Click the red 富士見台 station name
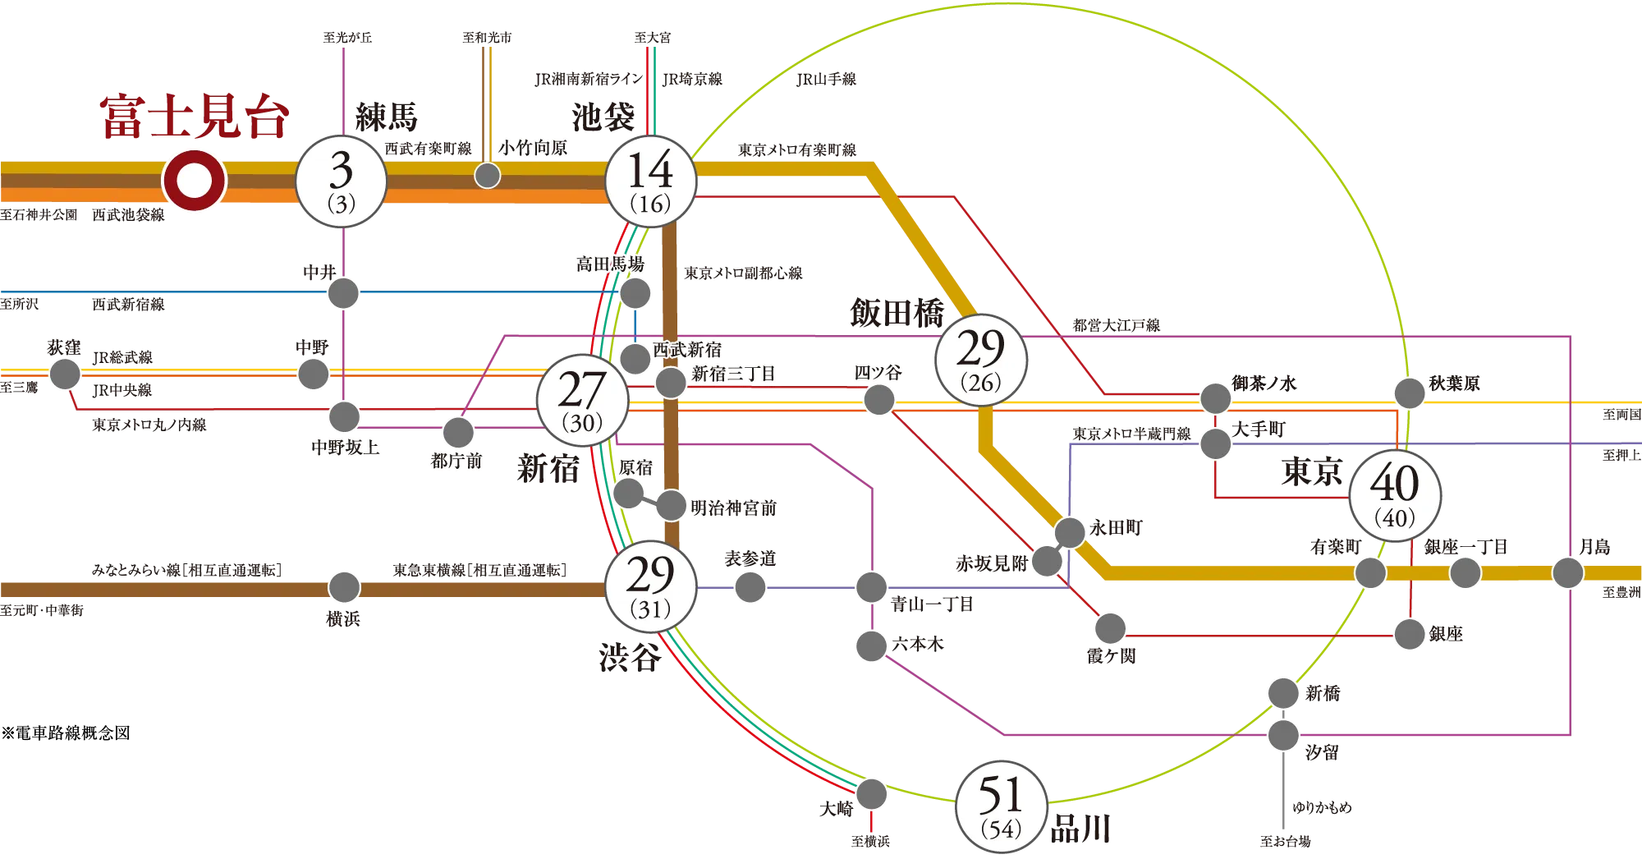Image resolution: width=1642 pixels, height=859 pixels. (x=195, y=118)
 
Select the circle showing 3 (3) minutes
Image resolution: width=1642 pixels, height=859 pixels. (x=341, y=181)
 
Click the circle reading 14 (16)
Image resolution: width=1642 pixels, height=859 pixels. (x=650, y=181)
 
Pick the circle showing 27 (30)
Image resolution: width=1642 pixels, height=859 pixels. (x=582, y=400)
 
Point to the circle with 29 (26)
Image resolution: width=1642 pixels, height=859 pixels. (x=981, y=359)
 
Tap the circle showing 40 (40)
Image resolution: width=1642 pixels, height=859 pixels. (x=1396, y=495)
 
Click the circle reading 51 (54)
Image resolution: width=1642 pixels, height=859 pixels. (x=1002, y=806)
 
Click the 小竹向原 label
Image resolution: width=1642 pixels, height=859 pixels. (x=533, y=148)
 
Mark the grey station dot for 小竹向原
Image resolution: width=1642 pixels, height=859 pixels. (x=488, y=175)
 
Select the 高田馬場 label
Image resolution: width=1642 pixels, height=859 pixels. (x=610, y=264)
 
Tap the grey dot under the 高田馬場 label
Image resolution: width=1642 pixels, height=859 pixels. (x=635, y=292)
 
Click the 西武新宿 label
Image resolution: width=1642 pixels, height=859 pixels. (x=687, y=350)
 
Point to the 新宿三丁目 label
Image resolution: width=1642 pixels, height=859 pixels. (x=733, y=374)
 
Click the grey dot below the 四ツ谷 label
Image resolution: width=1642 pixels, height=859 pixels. (x=878, y=400)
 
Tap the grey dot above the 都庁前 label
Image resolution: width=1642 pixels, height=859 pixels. (x=458, y=431)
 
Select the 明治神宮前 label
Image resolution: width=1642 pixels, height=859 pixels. (x=733, y=508)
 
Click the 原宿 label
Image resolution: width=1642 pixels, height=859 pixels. (x=635, y=468)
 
